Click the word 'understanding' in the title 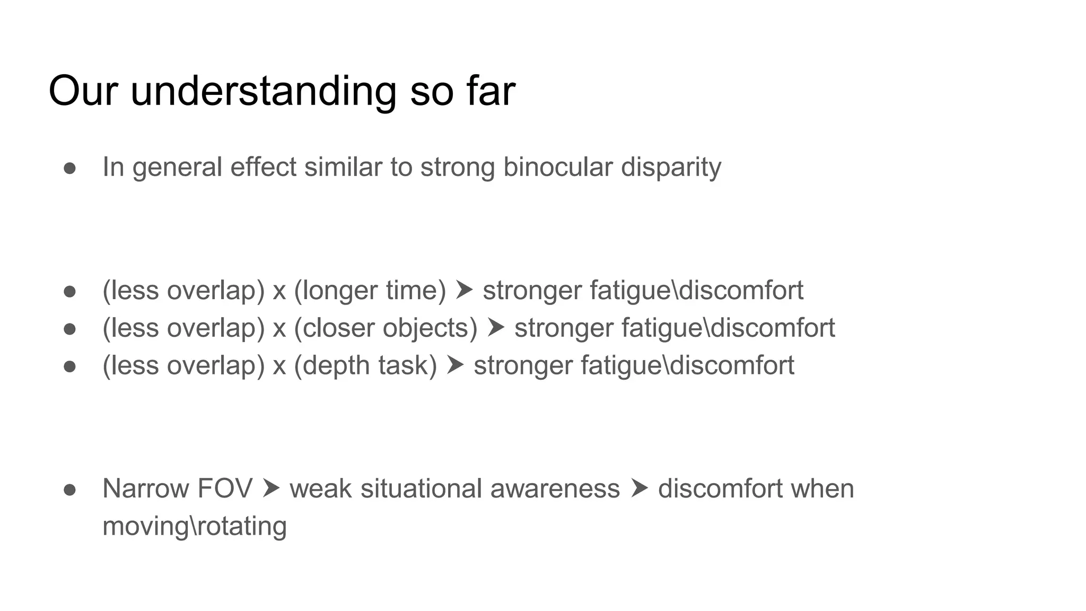click(263, 92)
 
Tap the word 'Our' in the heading click(82, 91)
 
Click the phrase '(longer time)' click(370, 291)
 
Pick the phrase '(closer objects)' click(386, 328)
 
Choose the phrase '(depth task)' click(365, 366)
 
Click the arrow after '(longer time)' click(464, 290)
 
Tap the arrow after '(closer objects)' click(496, 328)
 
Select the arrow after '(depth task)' click(455, 365)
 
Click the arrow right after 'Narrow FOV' click(270, 488)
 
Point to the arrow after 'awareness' click(639, 488)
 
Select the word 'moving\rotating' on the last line click(195, 527)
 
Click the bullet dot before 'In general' click(70, 168)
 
